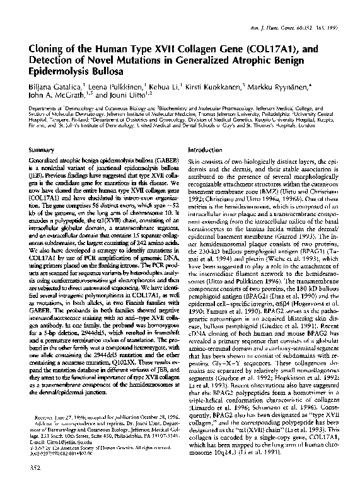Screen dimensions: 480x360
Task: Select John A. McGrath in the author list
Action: coord(55,94)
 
